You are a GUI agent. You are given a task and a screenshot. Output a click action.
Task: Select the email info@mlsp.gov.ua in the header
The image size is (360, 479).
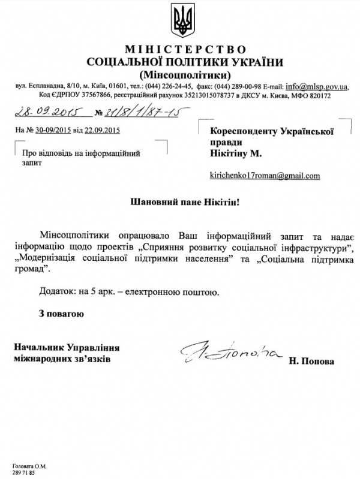[x=317, y=86]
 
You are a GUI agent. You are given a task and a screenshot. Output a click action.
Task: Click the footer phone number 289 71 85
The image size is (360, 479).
[x=22, y=472]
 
